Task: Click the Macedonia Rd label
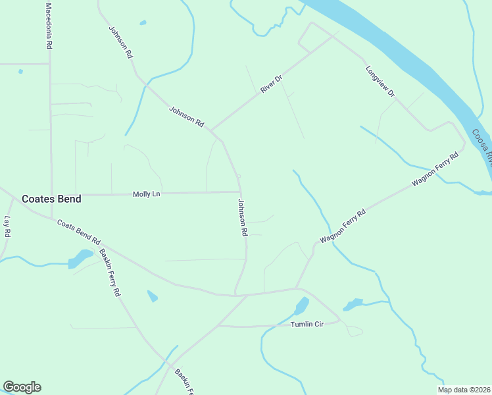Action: tap(48, 26)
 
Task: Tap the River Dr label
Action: tap(271, 84)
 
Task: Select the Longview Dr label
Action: tap(380, 81)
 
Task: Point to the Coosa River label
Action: tap(481, 147)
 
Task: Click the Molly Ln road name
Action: tap(146, 194)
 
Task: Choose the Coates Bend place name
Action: tap(51, 199)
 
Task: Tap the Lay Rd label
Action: tap(8, 226)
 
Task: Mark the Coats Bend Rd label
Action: tap(78, 232)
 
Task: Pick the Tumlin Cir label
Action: tap(308, 325)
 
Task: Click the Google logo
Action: tap(22, 387)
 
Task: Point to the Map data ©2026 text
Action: tap(464, 390)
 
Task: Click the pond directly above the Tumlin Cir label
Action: tap(301, 306)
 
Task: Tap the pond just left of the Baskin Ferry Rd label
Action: tap(80, 259)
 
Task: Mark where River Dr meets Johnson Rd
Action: tap(210, 130)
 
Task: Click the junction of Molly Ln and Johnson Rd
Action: tap(239, 192)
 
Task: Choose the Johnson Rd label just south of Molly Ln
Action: tap(242, 217)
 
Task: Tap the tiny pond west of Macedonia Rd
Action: tap(21, 71)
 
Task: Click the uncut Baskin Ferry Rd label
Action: tap(110, 273)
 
